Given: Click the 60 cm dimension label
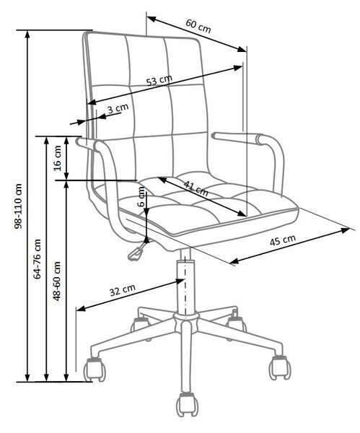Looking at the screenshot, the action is [x=198, y=26].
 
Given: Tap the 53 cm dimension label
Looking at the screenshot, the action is [x=159, y=80].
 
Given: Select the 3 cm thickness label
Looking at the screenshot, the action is [x=118, y=108].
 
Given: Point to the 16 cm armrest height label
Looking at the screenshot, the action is [x=58, y=158].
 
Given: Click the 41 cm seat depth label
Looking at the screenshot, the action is [x=196, y=188].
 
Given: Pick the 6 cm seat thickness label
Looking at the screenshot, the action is [x=141, y=196].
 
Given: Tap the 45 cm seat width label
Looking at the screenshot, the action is [x=282, y=240].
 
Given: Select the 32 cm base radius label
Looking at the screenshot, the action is [x=123, y=290].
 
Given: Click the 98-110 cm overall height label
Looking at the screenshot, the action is [x=19, y=206].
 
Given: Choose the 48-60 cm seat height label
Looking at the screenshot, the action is [x=56, y=281].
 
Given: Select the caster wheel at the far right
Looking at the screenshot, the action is [x=280, y=367].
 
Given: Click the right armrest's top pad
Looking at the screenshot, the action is [x=238, y=138].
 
